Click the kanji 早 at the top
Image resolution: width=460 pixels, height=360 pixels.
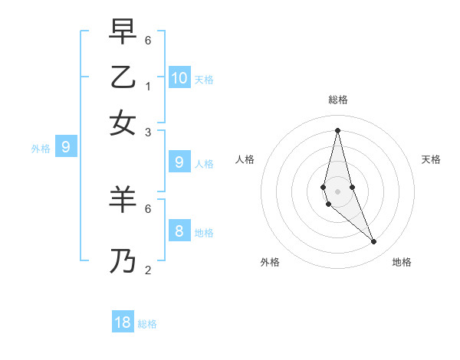pyautogui.click(x=123, y=33)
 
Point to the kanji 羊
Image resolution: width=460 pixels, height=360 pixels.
pyautogui.click(x=123, y=201)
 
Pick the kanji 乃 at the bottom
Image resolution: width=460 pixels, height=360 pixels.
pyautogui.click(x=123, y=262)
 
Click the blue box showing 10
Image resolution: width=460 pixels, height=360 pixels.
pyautogui.click(x=179, y=77)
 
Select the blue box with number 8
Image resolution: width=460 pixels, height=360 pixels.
pyautogui.click(x=179, y=231)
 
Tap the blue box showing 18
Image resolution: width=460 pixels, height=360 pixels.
pyautogui.click(x=123, y=322)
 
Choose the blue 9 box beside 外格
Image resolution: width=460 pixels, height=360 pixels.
pyautogui.click(x=65, y=146)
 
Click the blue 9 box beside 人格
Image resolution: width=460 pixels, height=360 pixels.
pyautogui.click(x=179, y=162)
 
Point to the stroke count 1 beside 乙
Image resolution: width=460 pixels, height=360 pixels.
pyautogui.click(x=148, y=86)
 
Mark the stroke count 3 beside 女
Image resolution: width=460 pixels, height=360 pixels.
pyautogui.click(x=148, y=132)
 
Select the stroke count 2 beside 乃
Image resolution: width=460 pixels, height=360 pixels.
pyautogui.click(x=148, y=270)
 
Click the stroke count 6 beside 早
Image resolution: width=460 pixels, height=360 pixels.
pyautogui.click(x=148, y=40)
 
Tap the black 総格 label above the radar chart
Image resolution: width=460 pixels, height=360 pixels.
pyautogui.click(x=337, y=100)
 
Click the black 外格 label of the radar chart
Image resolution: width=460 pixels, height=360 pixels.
pyautogui.click(x=270, y=262)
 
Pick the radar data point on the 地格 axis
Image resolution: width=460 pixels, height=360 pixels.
pyautogui.click(x=374, y=242)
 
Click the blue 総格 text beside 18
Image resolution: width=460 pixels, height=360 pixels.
pyautogui.click(x=147, y=324)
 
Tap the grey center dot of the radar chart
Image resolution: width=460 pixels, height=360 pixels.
pyautogui.click(x=337, y=191)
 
